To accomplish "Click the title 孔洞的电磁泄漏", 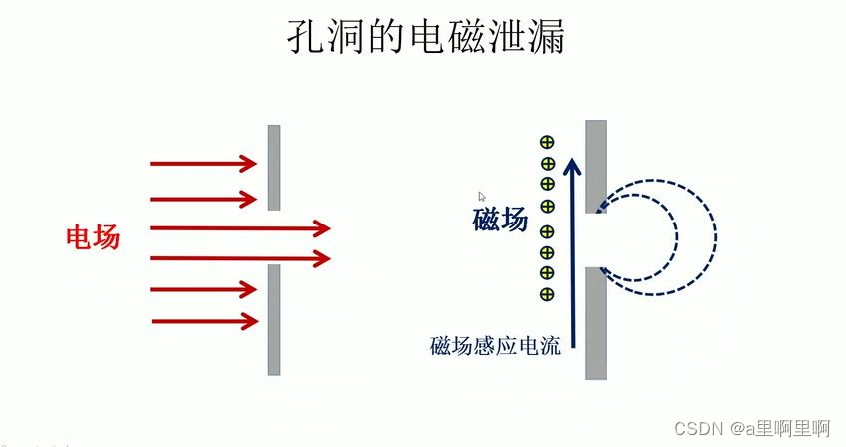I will pyautogui.click(x=423, y=37).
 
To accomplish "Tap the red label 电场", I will pyautogui.click(x=93, y=237).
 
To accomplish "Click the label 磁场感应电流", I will pyautogui.click(x=495, y=347).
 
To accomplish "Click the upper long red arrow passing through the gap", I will pyautogui.click(x=239, y=228).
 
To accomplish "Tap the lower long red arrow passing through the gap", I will pyautogui.click(x=239, y=259).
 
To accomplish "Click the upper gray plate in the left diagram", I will pyautogui.click(x=274, y=167).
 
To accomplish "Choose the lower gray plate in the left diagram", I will pyautogui.click(x=274, y=319).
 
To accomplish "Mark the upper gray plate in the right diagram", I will pyautogui.click(x=596, y=165).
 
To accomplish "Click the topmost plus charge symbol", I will pyautogui.click(x=547, y=143).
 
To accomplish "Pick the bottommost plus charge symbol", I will pyautogui.click(x=547, y=293).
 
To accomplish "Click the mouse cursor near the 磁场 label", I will pyautogui.click(x=482, y=197).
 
